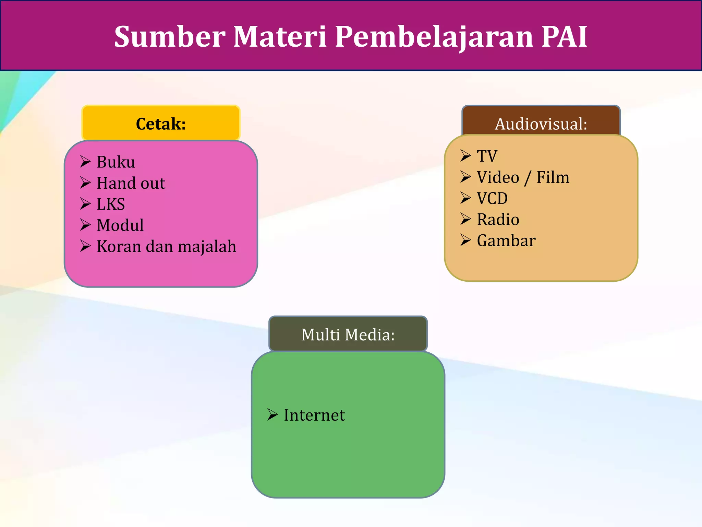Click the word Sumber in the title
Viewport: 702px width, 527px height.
[x=170, y=36]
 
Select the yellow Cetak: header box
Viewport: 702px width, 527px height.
[x=161, y=123]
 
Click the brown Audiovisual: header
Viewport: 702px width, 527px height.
[x=541, y=123]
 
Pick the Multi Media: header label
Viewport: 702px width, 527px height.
[x=348, y=334]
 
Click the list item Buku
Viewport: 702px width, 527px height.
[x=116, y=162]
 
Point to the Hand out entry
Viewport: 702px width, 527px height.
[x=131, y=183]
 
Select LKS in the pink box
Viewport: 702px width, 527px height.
[x=111, y=204]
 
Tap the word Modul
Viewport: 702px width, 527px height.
[x=120, y=225]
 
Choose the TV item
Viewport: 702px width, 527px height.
[x=487, y=156]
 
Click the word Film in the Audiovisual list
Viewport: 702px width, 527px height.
[x=553, y=177]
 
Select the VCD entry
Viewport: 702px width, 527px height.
[x=492, y=198]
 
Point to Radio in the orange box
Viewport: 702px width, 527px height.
[x=498, y=220]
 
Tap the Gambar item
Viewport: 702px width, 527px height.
[x=506, y=241]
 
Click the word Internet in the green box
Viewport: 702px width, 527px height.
[x=314, y=415]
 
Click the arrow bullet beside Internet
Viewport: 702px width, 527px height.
[x=273, y=414]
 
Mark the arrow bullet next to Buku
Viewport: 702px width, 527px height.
[x=85, y=161]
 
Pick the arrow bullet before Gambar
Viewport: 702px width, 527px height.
[x=465, y=240]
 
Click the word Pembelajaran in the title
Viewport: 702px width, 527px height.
[x=434, y=36]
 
